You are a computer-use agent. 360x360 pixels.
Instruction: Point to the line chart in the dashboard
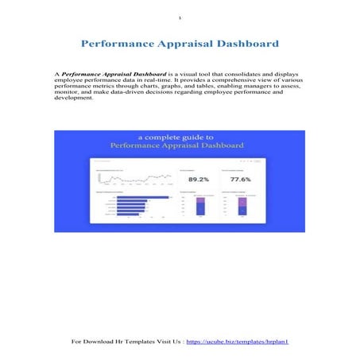coord(131,179)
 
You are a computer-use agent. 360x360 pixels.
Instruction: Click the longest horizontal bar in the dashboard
coord(143,197)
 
